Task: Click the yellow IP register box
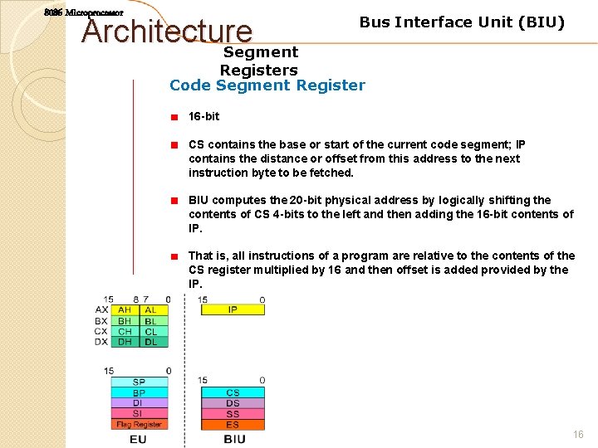233,309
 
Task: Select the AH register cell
125,310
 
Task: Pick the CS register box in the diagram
233,392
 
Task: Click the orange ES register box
233,425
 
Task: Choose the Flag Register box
138,425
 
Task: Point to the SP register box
138,382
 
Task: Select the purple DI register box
138,403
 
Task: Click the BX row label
101,320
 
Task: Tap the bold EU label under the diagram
138,439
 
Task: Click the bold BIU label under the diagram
234,439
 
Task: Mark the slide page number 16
578,435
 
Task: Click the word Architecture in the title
168,32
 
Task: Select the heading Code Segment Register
267,85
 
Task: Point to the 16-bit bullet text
203,116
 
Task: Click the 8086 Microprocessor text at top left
84,13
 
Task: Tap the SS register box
233,414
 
